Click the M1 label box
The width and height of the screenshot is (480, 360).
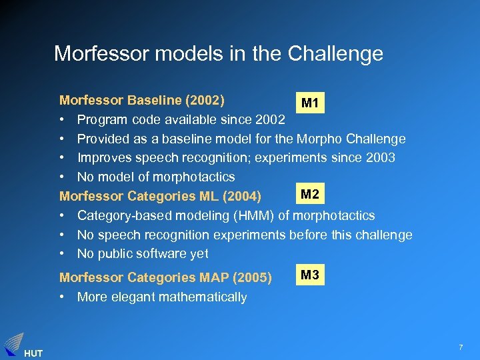309,103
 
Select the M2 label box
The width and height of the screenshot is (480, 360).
309,195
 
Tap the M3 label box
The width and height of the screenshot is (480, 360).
309,275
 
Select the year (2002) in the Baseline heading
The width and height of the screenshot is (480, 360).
205,101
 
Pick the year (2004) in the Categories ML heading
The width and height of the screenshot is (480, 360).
241,197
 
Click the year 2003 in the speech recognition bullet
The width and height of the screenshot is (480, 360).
381,158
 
